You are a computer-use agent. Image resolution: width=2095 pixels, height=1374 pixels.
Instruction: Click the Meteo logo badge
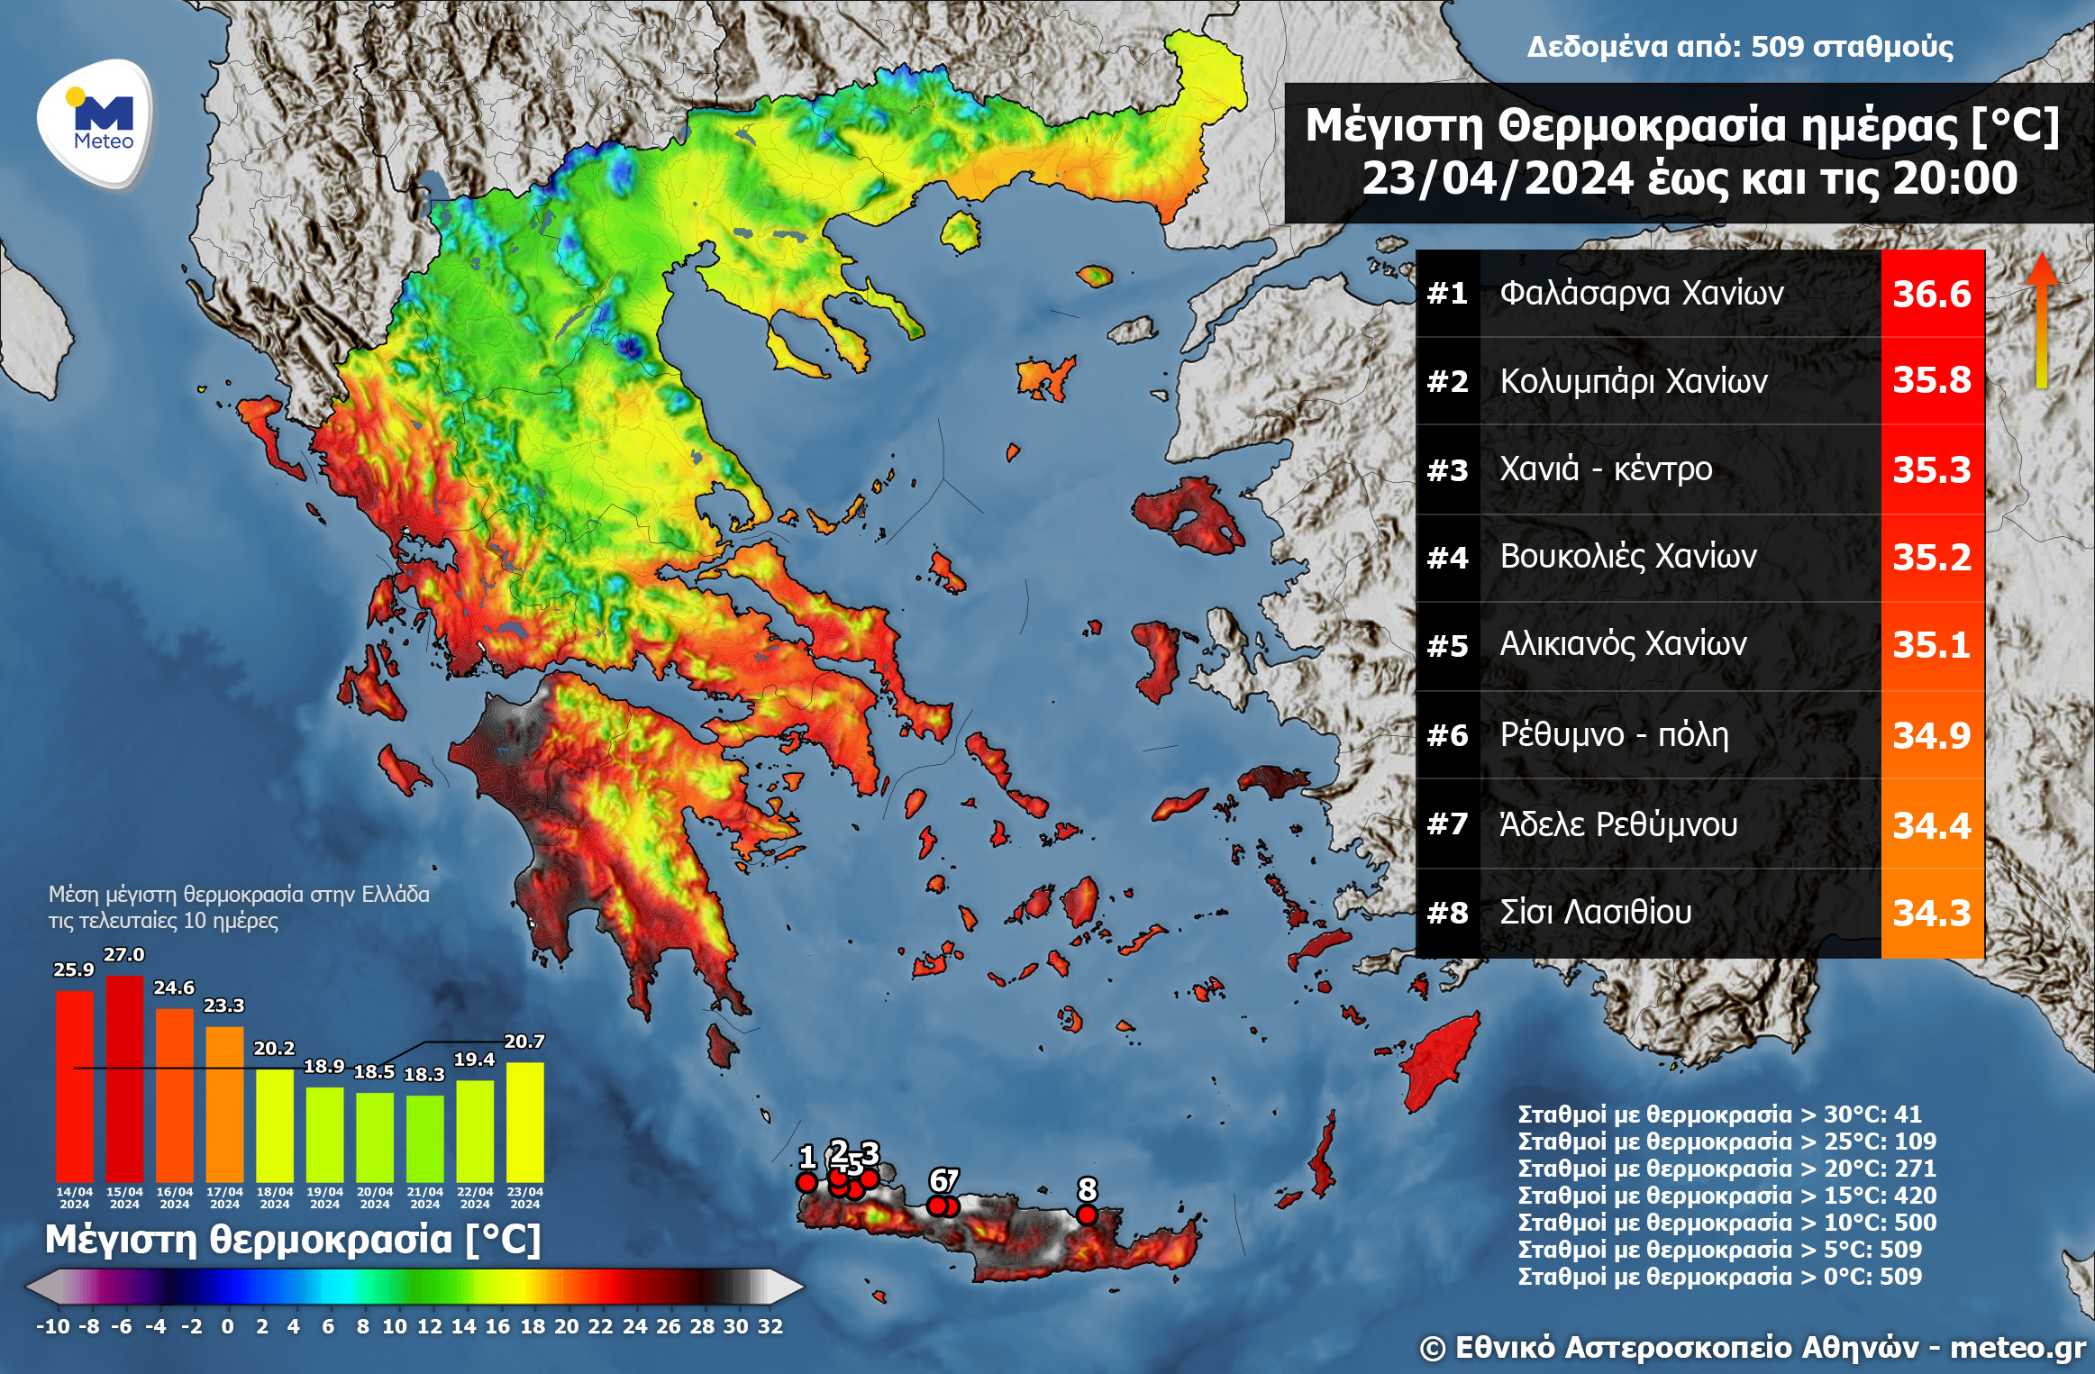(x=96, y=123)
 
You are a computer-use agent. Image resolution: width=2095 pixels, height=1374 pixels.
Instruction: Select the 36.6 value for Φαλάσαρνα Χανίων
(x=1931, y=294)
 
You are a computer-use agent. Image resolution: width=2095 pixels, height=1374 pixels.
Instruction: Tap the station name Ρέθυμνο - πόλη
(x=1613, y=734)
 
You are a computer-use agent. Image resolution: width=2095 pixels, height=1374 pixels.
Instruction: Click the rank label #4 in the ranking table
(x=1447, y=558)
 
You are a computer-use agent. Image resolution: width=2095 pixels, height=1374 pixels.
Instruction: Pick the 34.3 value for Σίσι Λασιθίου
(x=1931, y=913)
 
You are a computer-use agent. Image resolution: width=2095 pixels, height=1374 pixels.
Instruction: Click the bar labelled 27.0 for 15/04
(x=124, y=1077)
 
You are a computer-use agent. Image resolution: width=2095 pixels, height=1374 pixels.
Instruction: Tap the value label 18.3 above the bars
(x=424, y=1074)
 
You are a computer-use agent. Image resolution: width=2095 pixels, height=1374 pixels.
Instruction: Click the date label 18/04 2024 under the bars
(x=275, y=1197)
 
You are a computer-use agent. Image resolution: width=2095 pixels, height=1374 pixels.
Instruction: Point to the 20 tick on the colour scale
(x=566, y=1326)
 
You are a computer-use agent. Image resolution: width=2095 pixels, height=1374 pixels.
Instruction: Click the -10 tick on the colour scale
(x=52, y=1326)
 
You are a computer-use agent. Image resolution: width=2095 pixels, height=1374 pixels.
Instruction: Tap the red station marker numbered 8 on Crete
(x=1087, y=1215)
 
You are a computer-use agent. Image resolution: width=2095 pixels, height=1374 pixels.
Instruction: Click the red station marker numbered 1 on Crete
(x=806, y=1181)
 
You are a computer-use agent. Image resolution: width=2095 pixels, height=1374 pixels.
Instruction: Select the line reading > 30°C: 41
(x=1719, y=1115)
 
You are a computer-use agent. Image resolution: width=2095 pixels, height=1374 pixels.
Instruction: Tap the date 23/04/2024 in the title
(x=1496, y=178)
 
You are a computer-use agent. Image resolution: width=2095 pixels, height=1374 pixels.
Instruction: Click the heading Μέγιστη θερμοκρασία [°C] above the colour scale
(x=293, y=1240)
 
